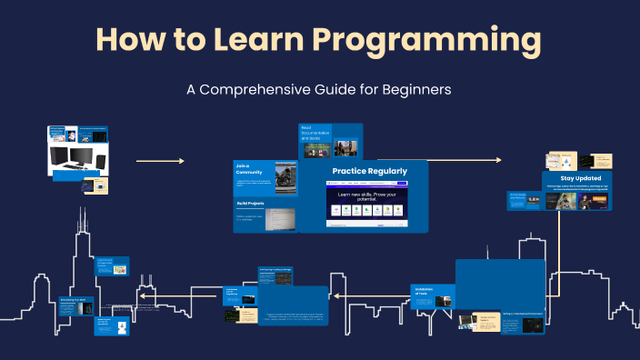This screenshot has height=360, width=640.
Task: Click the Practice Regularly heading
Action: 369,171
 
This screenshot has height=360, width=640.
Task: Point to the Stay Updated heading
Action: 578,179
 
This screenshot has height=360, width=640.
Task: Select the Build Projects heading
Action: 250,204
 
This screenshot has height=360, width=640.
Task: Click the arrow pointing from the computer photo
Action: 160,161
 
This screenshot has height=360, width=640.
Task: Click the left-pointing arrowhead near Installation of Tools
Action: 335,296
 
